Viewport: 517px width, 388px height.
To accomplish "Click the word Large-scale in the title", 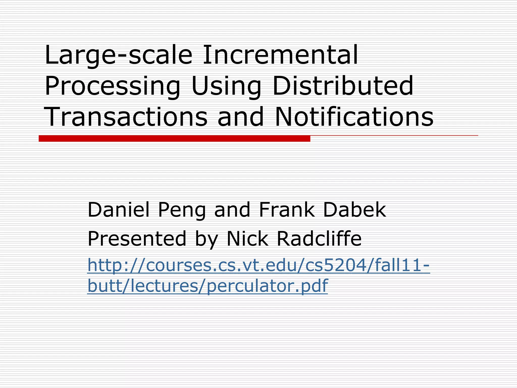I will (x=118, y=55).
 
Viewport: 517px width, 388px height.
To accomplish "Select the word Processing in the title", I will (x=112, y=86).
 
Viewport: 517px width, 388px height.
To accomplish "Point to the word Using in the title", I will (x=226, y=86).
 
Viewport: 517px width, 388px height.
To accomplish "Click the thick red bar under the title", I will (x=174, y=138).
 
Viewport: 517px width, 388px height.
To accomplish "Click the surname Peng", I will (x=182, y=210).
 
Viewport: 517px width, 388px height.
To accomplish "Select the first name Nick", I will (x=247, y=239).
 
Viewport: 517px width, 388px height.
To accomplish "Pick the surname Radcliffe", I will (x=319, y=239).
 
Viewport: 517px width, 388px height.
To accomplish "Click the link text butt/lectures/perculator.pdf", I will (x=207, y=286).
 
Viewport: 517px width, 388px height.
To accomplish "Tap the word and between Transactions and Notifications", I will (x=241, y=117).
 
